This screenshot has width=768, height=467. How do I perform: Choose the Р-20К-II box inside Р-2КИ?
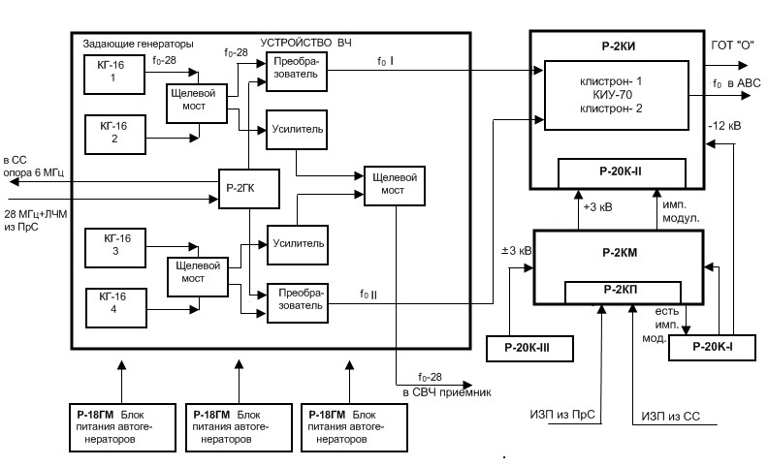(x=622, y=171)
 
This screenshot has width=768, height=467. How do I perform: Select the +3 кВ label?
(x=596, y=206)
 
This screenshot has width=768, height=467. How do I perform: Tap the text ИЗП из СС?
(x=670, y=418)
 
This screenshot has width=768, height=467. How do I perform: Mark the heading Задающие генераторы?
(x=139, y=45)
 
